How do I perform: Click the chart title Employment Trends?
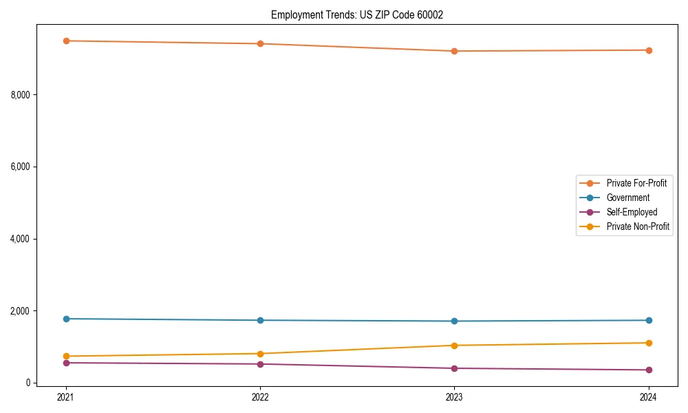tap(357, 14)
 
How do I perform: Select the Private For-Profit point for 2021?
tap(66, 41)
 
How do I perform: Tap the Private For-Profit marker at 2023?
tap(454, 51)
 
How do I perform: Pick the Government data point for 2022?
tap(260, 320)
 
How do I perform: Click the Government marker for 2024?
tap(649, 320)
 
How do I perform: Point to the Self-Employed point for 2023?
tap(454, 368)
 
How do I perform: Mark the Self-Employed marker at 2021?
tap(66, 363)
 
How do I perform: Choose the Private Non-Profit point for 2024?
tap(649, 343)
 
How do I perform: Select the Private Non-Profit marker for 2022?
tap(260, 354)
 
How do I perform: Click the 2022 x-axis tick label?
tap(260, 396)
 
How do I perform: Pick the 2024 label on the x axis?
tap(649, 396)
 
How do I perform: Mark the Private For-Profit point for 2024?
tap(649, 50)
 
